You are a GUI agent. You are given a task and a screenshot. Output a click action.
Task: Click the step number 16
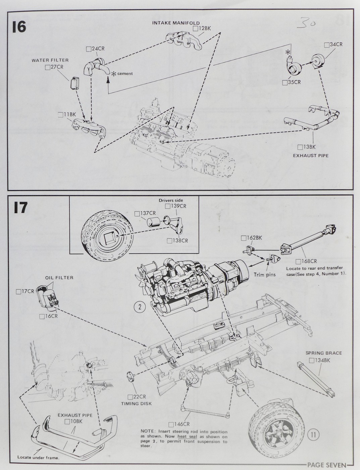(x=19, y=27)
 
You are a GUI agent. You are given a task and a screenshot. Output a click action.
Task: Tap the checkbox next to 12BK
(x=195, y=29)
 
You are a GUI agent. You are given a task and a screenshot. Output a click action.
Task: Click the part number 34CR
(x=337, y=45)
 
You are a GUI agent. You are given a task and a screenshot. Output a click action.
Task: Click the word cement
(x=125, y=74)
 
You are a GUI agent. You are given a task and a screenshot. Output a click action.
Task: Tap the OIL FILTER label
(x=59, y=278)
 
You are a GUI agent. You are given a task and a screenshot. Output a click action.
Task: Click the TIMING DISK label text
(x=137, y=404)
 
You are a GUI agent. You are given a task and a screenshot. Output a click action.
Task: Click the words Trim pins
(x=264, y=275)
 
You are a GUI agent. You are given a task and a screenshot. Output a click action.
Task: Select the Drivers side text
(x=171, y=200)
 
